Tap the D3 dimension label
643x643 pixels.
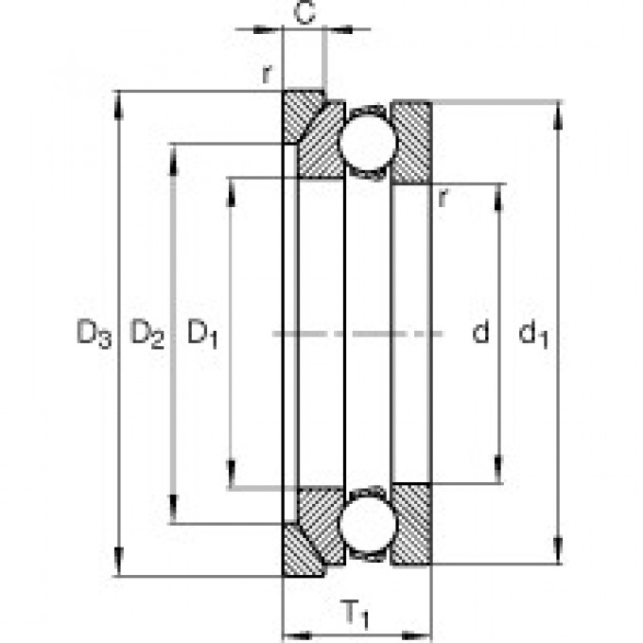pos(94,333)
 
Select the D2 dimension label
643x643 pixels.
pos(147,333)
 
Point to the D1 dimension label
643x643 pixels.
pos(201,333)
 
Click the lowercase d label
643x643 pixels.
pos(480,333)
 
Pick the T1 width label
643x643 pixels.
pos(356,617)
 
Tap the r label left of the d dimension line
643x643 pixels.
pos(442,197)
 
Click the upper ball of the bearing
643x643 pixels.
pos(366,142)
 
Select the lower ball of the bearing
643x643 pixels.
pos(366,526)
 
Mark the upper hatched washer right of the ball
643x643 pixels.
pos(411,142)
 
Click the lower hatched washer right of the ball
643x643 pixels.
pos(411,526)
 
